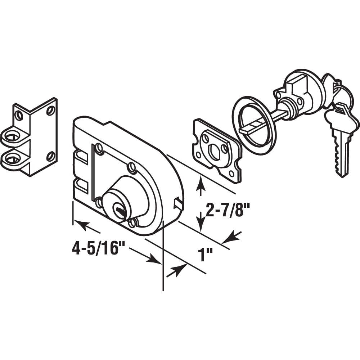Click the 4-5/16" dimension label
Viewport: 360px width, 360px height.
(x=99, y=249)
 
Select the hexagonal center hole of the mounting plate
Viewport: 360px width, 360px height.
(x=214, y=151)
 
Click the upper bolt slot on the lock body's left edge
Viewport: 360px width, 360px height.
(x=81, y=157)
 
